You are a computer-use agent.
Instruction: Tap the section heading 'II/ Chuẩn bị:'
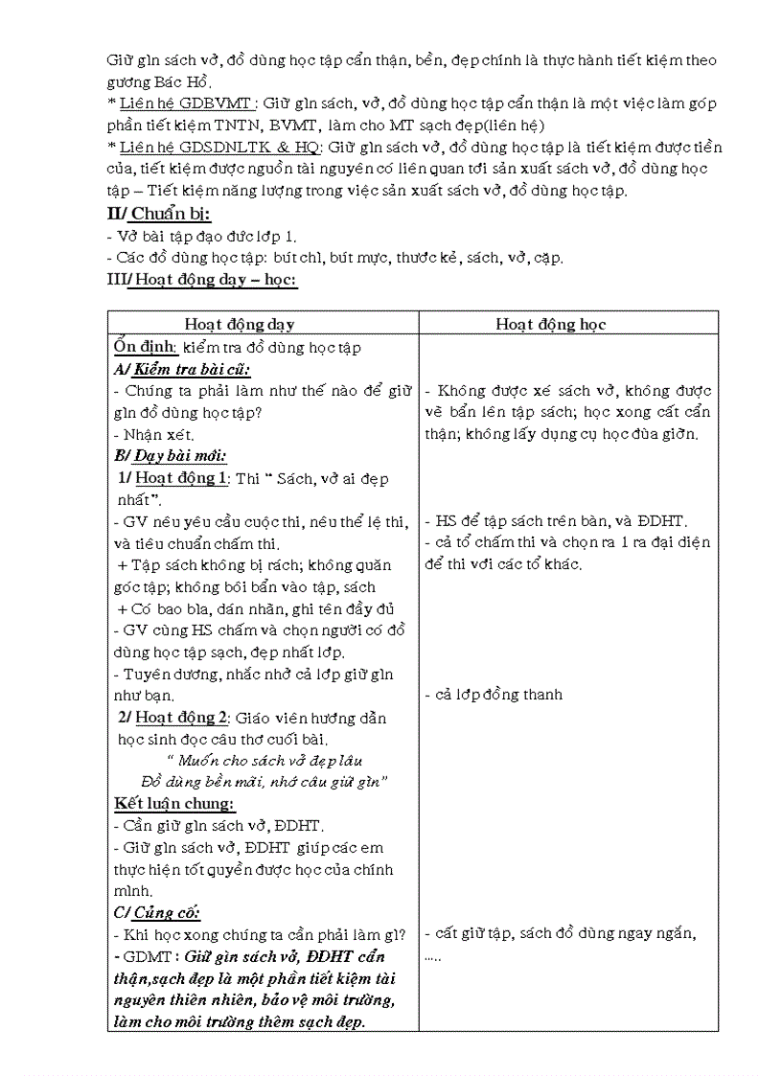[158, 213]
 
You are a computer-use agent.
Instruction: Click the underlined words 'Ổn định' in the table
[145, 347]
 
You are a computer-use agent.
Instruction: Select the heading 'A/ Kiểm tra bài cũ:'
[181, 369]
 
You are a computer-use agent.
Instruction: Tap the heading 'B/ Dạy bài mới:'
[170, 455]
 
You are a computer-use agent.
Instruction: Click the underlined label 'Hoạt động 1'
[181, 478]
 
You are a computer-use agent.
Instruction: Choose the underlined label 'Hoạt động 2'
[181, 718]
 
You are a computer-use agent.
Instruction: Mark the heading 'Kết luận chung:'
[174, 803]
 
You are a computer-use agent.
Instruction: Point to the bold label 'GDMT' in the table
[145, 956]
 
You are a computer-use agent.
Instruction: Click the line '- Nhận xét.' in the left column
[153, 434]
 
